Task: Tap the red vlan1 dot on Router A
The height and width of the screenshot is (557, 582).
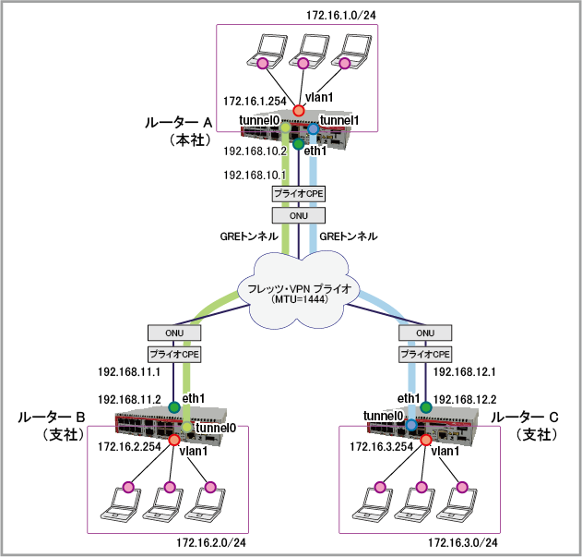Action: coord(298,111)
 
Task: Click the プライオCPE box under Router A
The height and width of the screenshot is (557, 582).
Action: coord(297,194)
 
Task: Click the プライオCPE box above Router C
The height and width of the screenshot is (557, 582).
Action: coord(425,353)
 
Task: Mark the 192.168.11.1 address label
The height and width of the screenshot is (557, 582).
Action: coord(130,373)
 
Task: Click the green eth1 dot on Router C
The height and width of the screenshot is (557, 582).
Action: coord(426,406)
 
